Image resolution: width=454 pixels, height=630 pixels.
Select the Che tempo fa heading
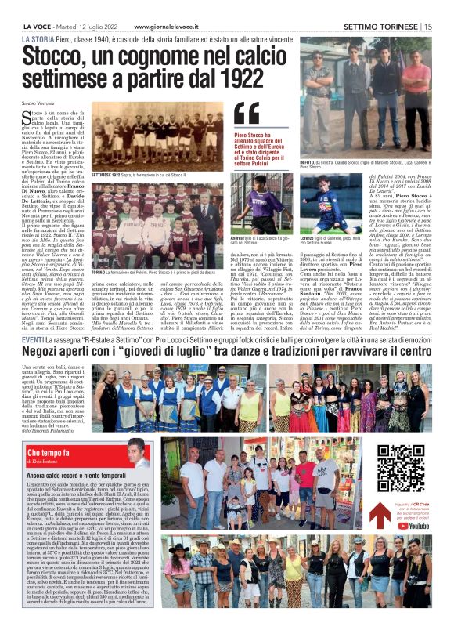49,453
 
